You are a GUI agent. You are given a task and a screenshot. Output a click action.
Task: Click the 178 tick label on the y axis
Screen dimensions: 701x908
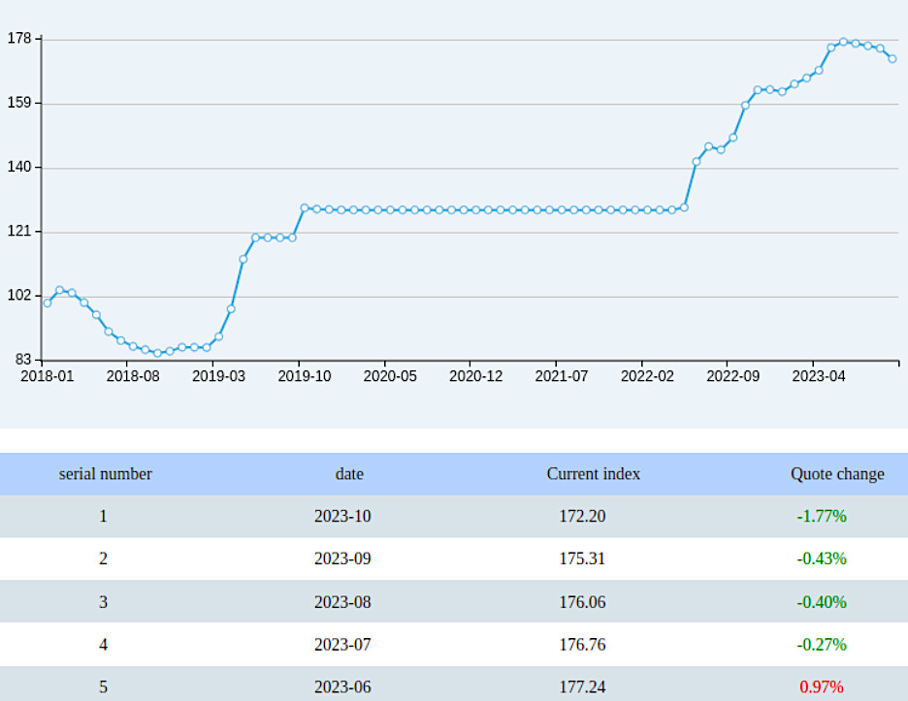pyautogui.click(x=18, y=39)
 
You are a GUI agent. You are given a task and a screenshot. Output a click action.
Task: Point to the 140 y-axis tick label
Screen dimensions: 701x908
pyautogui.click(x=18, y=168)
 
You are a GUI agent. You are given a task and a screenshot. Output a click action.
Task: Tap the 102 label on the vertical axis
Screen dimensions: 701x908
pyautogui.click(x=18, y=297)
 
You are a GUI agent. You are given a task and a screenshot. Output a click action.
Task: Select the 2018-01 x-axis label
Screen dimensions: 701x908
pyautogui.click(x=47, y=376)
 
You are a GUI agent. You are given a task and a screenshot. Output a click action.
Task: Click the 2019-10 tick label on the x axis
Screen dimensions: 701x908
pyautogui.click(x=304, y=376)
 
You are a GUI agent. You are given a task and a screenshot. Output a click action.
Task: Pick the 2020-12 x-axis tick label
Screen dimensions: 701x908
pyautogui.click(x=475, y=376)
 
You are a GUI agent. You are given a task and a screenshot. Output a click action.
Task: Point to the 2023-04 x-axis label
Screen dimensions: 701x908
pyautogui.click(x=818, y=376)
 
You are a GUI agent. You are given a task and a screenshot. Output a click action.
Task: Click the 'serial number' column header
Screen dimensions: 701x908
pyautogui.click(x=105, y=474)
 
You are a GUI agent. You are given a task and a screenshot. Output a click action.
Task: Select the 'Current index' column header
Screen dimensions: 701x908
pyautogui.click(x=593, y=474)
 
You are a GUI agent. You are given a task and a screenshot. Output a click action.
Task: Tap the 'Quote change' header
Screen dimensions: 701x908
pyautogui.click(x=836, y=474)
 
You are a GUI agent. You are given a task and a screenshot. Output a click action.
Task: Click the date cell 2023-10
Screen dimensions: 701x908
pyautogui.click(x=341, y=517)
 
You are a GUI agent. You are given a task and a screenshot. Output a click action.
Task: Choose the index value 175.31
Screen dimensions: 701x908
pyautogui.click(x=582, y=559)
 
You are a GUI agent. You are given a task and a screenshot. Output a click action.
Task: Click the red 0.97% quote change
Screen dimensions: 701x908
pyautogui.click(x=821, y=687)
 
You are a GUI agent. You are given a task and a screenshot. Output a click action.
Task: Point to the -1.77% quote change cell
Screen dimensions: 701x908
pyautogui.click(x=821, y=517)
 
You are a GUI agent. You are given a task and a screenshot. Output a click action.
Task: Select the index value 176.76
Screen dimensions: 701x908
pyautogui.click(x=582, y=645)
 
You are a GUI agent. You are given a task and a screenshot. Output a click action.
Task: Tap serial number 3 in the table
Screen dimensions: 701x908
pyautogui.click(x=103, y=602)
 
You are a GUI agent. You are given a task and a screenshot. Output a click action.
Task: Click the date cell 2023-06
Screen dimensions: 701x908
pyautogui.click(x=341, y=687)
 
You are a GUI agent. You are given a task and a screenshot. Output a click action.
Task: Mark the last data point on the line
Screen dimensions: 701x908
pyautogui.click(x=892, y=59)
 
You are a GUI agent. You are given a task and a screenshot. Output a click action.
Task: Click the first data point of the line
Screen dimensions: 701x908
pyautogui.click(x=48, y=303)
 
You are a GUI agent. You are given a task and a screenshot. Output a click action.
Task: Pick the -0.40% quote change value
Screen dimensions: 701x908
pyautogui.click(x=821, y=602)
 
